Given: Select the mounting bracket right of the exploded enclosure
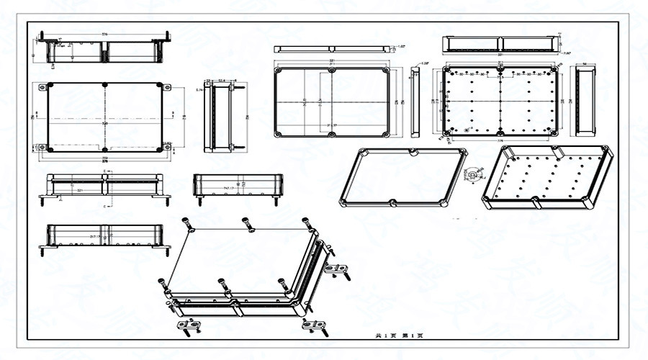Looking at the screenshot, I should tap(334, 270).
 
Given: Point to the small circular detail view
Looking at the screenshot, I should tap(472, 174).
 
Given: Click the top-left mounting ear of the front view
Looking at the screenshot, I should tap(42, 88).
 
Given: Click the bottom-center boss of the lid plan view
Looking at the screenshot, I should tap(332, 135).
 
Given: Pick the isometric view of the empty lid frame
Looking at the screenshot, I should tap(403, 176).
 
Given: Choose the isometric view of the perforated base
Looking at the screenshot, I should tap(547, 176).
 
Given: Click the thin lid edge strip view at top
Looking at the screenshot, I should tap(332, 49).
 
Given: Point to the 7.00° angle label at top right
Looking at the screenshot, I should tap(567, 53).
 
